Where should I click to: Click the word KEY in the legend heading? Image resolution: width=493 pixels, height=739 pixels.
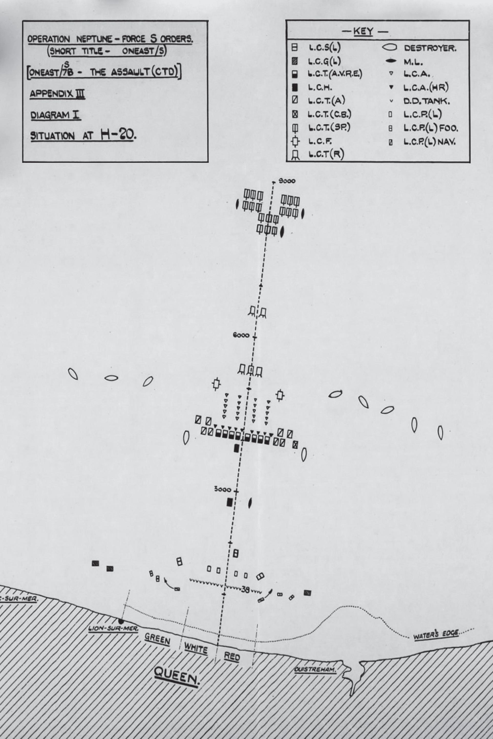363,32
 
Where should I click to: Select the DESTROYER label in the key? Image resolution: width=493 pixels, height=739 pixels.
430,48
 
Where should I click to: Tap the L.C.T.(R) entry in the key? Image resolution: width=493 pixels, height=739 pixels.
326,154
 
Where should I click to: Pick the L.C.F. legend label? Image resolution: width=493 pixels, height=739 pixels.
320,141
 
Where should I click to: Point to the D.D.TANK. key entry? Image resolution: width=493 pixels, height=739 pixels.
427,101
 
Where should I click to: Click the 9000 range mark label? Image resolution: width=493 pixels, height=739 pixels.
287,181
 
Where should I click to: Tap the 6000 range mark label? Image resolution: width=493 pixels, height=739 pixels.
241,335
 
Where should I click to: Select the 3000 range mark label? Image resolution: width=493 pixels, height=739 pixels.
222,490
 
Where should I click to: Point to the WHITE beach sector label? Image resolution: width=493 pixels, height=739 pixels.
196,648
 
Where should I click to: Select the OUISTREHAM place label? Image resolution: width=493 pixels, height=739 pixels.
315,670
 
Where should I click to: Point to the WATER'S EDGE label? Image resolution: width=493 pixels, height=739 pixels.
436,634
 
